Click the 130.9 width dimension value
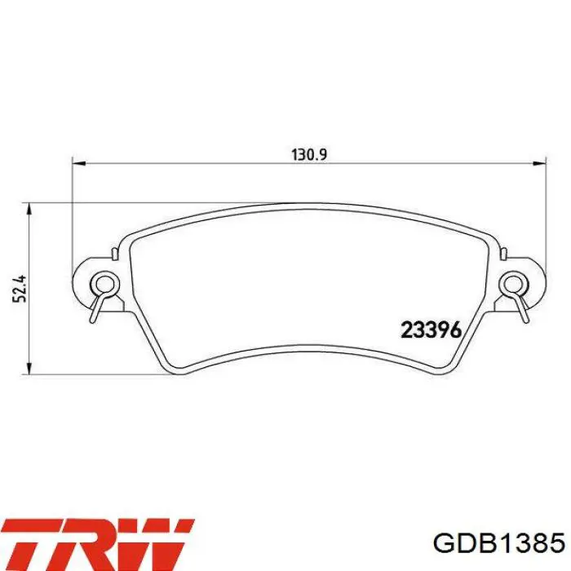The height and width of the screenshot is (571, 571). point(309,155)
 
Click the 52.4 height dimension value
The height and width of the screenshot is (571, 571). point(20,289)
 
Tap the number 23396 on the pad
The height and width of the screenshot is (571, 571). point(432,330)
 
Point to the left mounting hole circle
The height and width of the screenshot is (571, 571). point(104,283)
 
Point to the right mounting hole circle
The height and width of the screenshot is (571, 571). point(513,283)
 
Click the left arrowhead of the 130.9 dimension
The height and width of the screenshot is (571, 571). point(78,163)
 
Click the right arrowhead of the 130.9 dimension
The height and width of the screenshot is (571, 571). point(540,163)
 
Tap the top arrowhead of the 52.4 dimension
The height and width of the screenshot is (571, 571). point(30,210)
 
